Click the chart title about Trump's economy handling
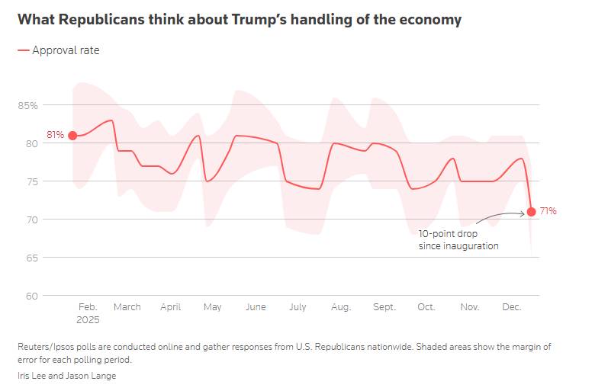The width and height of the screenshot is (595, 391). (x=239, y=20)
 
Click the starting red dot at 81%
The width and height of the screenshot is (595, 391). (x=72, y=136)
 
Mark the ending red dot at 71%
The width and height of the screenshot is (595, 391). (x=531, y=212)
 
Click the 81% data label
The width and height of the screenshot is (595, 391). (x=55, y=136)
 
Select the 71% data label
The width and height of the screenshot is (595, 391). (x=548, y=211)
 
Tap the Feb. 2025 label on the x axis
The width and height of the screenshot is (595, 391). (x=88, y=312)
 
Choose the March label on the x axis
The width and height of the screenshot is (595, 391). (x=127, y=307)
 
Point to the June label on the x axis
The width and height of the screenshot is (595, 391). (x=256, y=307)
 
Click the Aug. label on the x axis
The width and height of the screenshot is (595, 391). (x=341, y=307)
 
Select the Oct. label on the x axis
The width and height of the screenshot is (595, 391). (x=426, y=307)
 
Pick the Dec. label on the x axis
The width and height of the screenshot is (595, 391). (x=511, y=307)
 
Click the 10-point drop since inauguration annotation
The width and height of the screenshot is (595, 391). (x=458, y=239)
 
